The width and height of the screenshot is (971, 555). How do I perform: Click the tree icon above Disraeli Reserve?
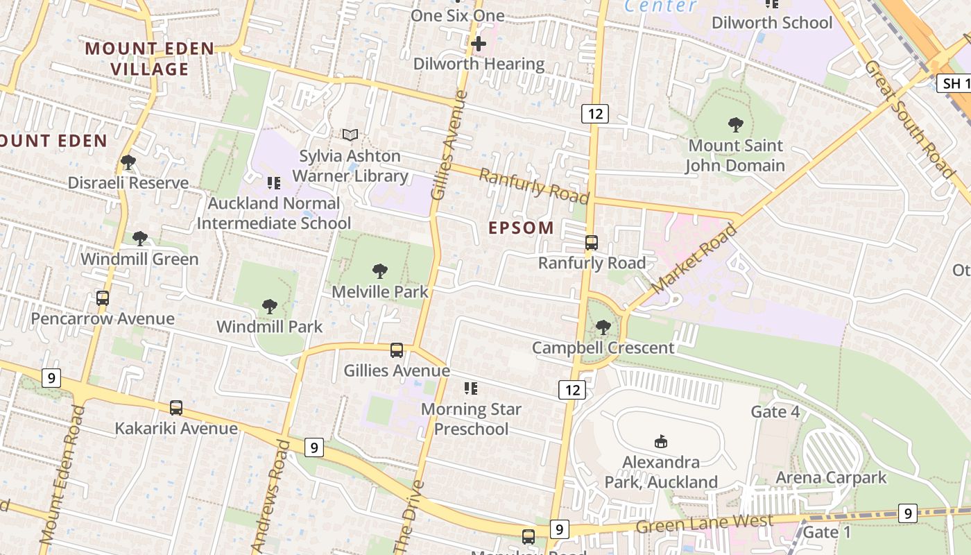pos(128,162)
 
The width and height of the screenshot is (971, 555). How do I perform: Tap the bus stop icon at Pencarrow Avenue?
pos(103,298)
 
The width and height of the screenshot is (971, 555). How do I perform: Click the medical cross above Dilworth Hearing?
pos(479,44)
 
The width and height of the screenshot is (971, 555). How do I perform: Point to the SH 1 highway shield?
pos(955,84)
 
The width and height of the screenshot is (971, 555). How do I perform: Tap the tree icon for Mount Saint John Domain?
pos(736,125)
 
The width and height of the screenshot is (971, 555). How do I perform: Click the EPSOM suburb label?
pos(522,228)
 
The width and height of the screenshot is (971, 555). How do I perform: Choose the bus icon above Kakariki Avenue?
pos(176,408)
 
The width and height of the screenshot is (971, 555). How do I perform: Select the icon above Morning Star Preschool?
pos(471,388)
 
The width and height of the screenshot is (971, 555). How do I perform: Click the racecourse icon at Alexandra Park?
pos(661,441)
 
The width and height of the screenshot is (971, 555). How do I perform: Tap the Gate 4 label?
pos(775,412)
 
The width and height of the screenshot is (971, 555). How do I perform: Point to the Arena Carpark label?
pos(831,477)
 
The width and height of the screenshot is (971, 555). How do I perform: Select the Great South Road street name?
pos(909,119)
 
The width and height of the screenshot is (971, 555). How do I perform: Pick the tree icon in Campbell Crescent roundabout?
pos(603,327)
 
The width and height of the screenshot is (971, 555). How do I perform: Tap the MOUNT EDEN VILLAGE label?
pos(149,59)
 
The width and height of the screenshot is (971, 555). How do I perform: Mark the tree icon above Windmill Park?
pos(270,306)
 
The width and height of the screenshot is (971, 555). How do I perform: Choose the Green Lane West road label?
pos(705,524)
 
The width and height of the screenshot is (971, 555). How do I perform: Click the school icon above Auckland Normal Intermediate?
pos(274,183)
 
